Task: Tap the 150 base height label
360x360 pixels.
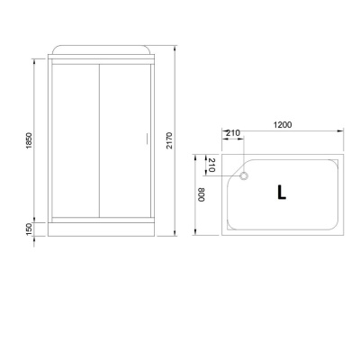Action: (29, 231)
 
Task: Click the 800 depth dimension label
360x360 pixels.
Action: (202, 194)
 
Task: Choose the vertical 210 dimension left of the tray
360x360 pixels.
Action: (212, 165)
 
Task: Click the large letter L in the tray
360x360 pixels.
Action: (282, 193)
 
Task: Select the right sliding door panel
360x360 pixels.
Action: (120, 139)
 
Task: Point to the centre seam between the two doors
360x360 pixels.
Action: (98, 139)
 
